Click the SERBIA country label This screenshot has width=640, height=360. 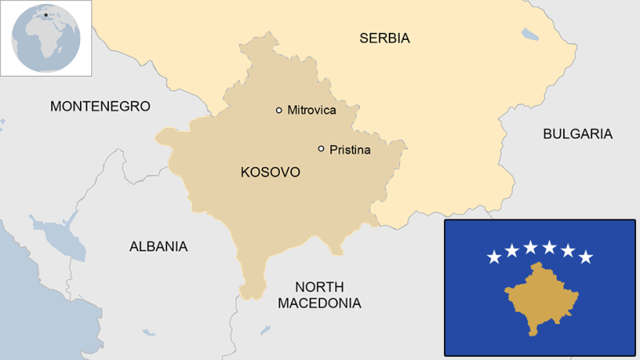coord(384,38)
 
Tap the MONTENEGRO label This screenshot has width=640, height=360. coord(100,106)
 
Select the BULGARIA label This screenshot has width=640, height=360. coord(577,134)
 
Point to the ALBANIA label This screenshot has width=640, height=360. coord(158,246)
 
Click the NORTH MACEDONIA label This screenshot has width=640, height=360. coord(318,295)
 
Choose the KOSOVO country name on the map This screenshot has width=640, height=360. coord(270,172)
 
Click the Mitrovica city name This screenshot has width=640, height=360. coord(311,110)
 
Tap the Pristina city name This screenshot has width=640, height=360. coord(350,149)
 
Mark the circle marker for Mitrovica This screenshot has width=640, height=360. coord(279,110)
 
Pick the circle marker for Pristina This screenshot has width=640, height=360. coord(321,149)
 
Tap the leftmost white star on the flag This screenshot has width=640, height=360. coord(494,257)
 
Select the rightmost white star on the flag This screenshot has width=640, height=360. coord(586,257)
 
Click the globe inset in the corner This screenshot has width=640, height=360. coord(46,38)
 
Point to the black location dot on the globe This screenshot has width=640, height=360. coord(46,14)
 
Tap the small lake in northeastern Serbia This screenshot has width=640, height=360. coord(530,34)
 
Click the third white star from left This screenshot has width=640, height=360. coord(530,247)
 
